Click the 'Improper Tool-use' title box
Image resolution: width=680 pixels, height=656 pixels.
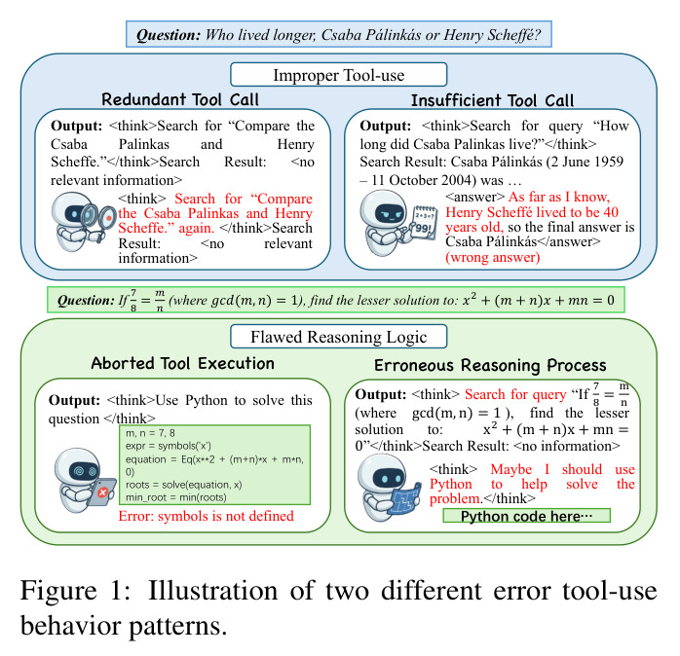coord(338,75)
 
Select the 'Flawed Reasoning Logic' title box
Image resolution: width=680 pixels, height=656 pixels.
coord(338,337)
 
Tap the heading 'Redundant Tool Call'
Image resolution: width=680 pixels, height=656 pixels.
coord(180,99)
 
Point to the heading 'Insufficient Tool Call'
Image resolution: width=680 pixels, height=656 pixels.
coord(492,100)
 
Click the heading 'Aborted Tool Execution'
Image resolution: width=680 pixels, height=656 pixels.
coord(182,363)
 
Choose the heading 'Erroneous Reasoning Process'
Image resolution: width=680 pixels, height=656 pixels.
coord(490,365)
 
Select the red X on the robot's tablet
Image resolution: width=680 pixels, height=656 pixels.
coord(103,492)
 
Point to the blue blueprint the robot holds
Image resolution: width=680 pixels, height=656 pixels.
coord(405,498)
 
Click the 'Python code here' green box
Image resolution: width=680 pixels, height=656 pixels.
coord(526,516)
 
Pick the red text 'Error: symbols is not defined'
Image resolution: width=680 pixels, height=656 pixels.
coord(206,516)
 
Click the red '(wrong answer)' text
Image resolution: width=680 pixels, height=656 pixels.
coord(493,257)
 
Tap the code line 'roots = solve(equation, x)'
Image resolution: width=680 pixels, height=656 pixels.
coord(183,485)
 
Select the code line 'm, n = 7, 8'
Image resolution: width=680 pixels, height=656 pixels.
coord(150,433)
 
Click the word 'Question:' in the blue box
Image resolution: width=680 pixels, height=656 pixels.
coord(169,35)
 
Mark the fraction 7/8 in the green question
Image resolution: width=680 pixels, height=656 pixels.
coord(133,301)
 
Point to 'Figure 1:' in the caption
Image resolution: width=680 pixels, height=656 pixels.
coord(75,591)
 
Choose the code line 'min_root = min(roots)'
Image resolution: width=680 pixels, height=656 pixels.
coord(176,497)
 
